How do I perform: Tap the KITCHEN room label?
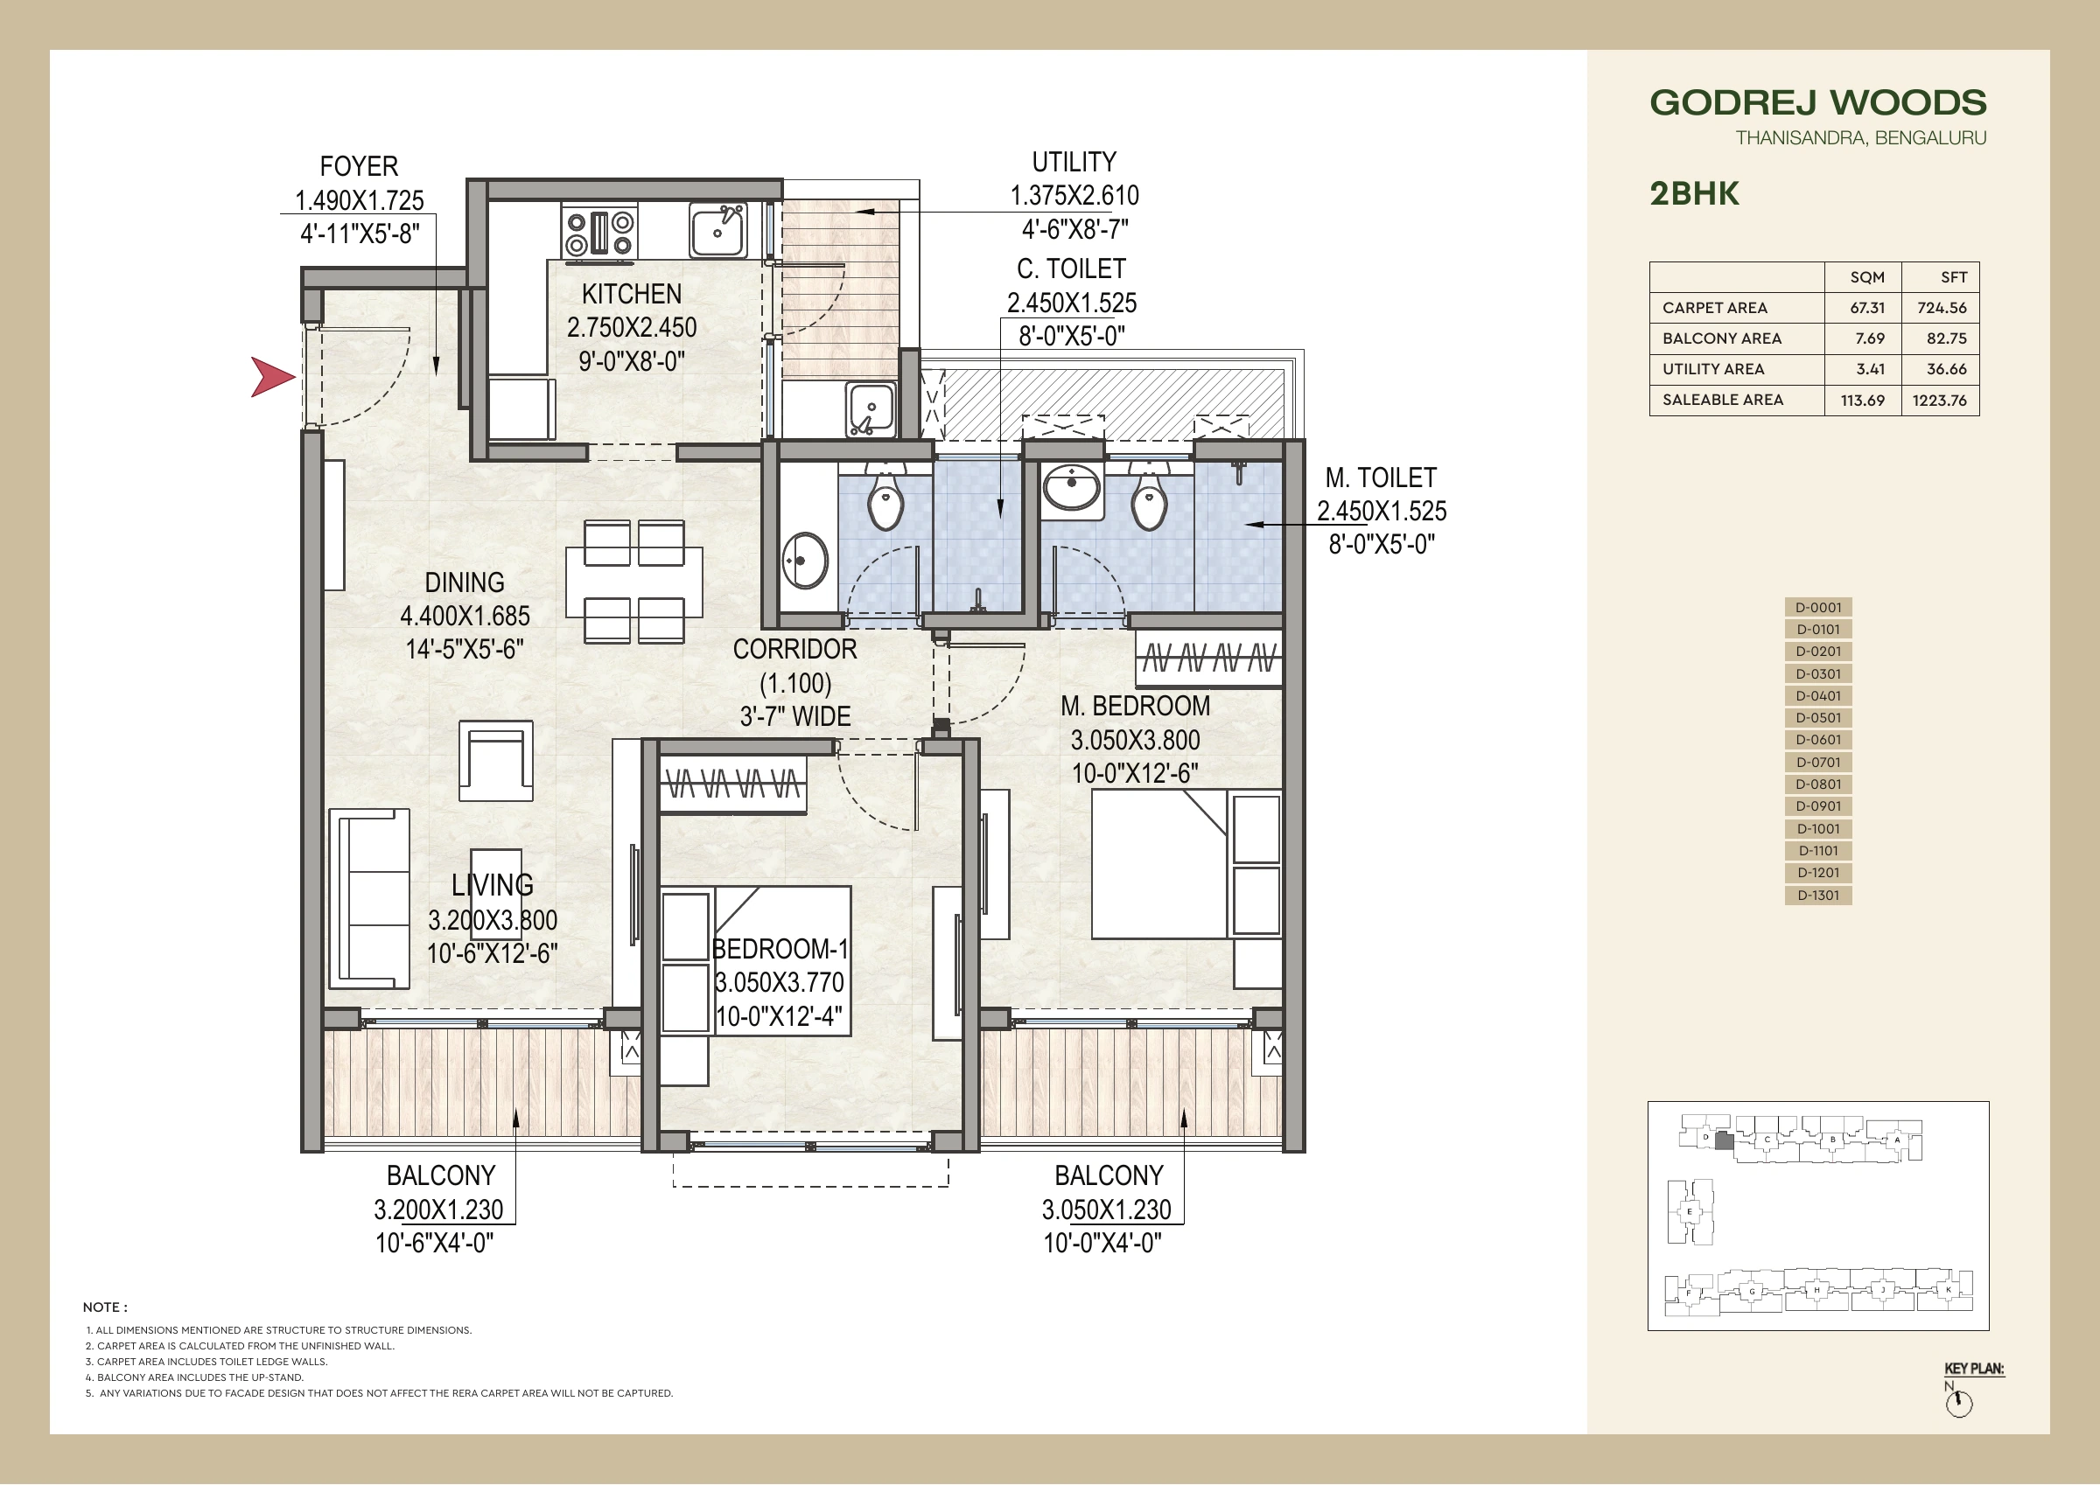click(632, 295)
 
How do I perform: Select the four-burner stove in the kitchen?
click(599, 233)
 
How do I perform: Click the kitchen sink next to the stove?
click(718, 230)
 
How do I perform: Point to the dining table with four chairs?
click(633, 582)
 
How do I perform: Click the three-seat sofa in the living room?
click(369, 898)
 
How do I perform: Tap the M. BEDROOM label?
click(1135, 706)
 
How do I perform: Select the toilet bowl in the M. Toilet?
click(1149, 499)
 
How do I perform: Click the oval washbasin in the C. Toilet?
click(806, 560)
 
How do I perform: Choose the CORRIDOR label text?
click(794, 649)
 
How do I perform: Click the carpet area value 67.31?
click(1866, 308)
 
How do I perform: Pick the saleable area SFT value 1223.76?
click(1939, 401)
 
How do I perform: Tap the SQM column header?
click(1866, 277)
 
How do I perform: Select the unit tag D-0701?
click(1818, 762)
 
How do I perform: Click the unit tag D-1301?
click(1818, 896)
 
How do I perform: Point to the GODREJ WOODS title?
click(1818, 102)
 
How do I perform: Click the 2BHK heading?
click(1695, 194)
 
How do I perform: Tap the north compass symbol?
click(1959, 1405)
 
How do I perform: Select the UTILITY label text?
click(1074, 162)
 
